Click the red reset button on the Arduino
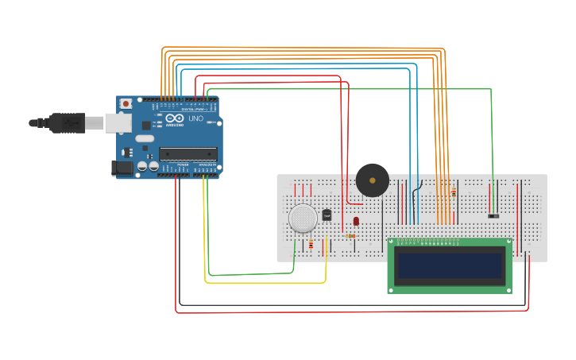(x=126, y=103)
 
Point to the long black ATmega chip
(x=187, y=153)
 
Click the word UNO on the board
(x=195, y=118)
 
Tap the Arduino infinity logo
(x=173, y=118)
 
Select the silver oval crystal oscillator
(x=144, y=138)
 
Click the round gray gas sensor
(x=303, y=218)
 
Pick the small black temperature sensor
(x=327, y=215)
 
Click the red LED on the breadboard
(x=356, y=221)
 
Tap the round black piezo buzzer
(x=372, y=180)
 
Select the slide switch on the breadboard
(x=493, y=215)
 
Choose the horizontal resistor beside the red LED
(x=350, y=235)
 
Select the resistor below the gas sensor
(x=311, y=244)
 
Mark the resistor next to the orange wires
(x=454, y=192)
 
